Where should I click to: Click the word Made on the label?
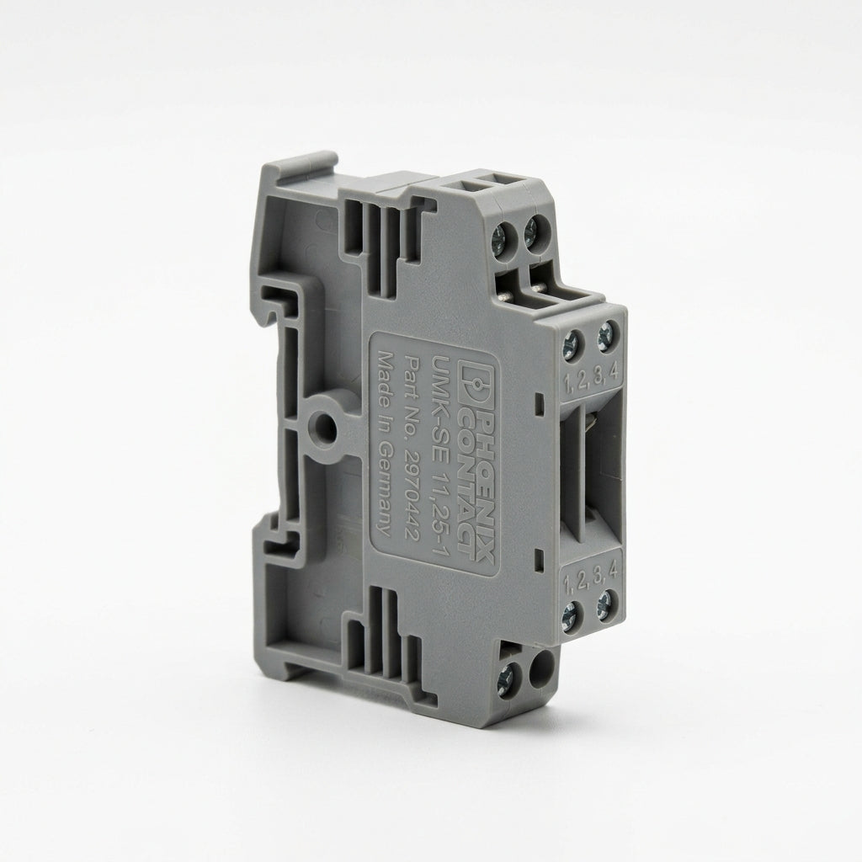coord(383,379)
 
